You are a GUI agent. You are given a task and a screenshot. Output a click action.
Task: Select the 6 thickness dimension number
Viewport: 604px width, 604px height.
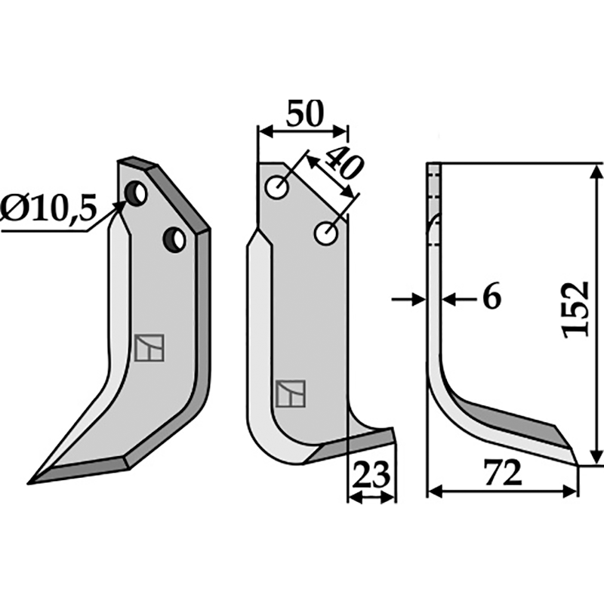(491, 298)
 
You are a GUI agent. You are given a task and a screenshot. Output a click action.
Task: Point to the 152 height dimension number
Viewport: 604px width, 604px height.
(576, 310)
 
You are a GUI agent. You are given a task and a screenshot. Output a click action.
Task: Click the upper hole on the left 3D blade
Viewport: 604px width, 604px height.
(137, 193)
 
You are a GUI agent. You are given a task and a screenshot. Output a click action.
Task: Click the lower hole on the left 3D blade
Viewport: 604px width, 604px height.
(174, 239)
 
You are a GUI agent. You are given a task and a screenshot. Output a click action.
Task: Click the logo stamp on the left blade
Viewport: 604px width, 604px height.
(149, 348)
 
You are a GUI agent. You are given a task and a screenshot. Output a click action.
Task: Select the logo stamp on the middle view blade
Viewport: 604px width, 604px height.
(291, 393)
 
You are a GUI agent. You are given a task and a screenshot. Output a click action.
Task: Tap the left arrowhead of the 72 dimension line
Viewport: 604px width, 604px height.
(433, 492)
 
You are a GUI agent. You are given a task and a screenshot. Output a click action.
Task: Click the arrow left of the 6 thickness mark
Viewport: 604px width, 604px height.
(417, 300)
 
